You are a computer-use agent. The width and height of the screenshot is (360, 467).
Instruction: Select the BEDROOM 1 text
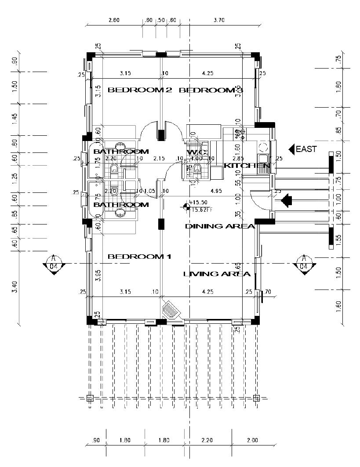pos(139,257)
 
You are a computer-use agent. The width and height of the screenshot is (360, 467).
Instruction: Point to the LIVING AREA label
pos(217,274)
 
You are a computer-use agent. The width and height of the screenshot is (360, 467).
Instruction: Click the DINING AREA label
pos(220,226)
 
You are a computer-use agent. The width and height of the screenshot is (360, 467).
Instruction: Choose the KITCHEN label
pos(247,166)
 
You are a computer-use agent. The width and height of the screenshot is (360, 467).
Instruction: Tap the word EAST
pos(306,149)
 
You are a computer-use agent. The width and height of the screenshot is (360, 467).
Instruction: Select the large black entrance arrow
pos(287,201)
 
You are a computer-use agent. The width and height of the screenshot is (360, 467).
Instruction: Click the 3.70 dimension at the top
pos(218,20)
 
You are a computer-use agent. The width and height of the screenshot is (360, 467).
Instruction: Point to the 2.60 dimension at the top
pos(113,20)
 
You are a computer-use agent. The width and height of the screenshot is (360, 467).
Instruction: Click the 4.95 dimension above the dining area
pos(216,191)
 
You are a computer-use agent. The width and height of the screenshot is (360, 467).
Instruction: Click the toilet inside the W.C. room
pos(197,167)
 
